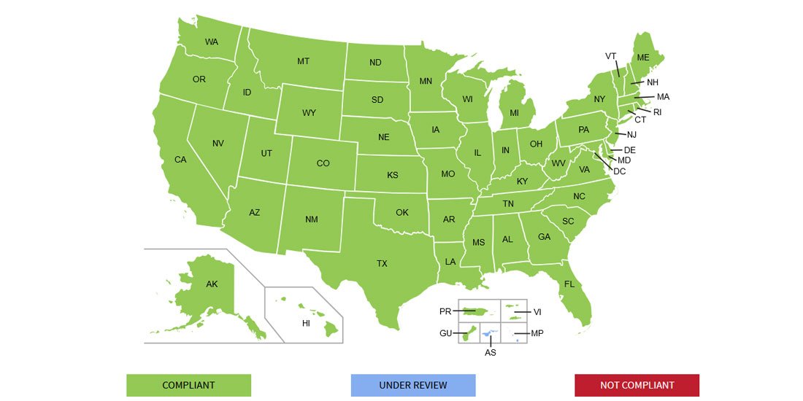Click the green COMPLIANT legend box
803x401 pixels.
coord(188,385)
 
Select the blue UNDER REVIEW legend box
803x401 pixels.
coord(413,385)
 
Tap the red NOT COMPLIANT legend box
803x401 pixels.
coord(637,385)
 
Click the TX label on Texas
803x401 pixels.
coord(382,263)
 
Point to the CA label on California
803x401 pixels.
coord(180,160)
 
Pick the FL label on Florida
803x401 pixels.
coord(569,284)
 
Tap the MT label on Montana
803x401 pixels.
coord(303,61)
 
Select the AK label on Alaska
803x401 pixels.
coord(212,284)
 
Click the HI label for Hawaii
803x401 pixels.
coord(307,322)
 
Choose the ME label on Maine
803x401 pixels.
coord(642,58)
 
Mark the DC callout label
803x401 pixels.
coord(620,171)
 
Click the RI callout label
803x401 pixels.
coord(657,112)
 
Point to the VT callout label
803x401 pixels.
coord(611,56)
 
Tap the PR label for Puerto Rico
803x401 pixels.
coord(445,311)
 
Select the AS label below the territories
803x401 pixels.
coord(491,352)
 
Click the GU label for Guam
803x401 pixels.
coord(445,333)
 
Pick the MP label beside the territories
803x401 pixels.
coord(537,333)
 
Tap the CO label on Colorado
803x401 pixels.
coord(323,163)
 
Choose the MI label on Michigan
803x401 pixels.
coord(514,113)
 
